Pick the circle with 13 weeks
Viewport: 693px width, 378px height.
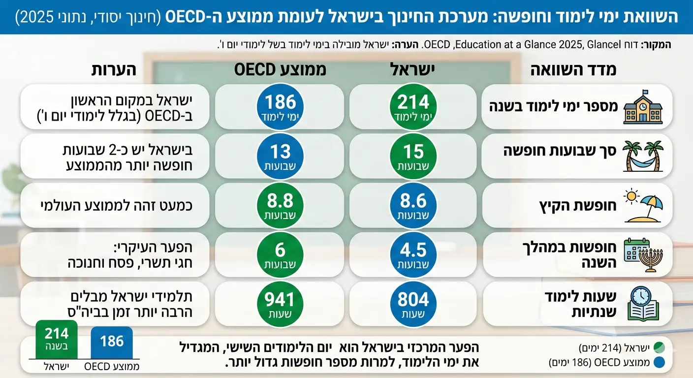(280, 156)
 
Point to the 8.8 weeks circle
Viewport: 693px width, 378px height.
(280, 205)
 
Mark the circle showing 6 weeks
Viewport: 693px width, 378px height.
(280, 254)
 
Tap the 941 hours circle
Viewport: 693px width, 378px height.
(280, 304)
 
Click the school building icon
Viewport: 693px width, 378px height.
(640, 107)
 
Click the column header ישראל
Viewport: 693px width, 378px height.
(413, 70)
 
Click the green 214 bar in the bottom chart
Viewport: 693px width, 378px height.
(57, 340)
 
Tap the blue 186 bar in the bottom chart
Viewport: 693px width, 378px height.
(112, 342)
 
